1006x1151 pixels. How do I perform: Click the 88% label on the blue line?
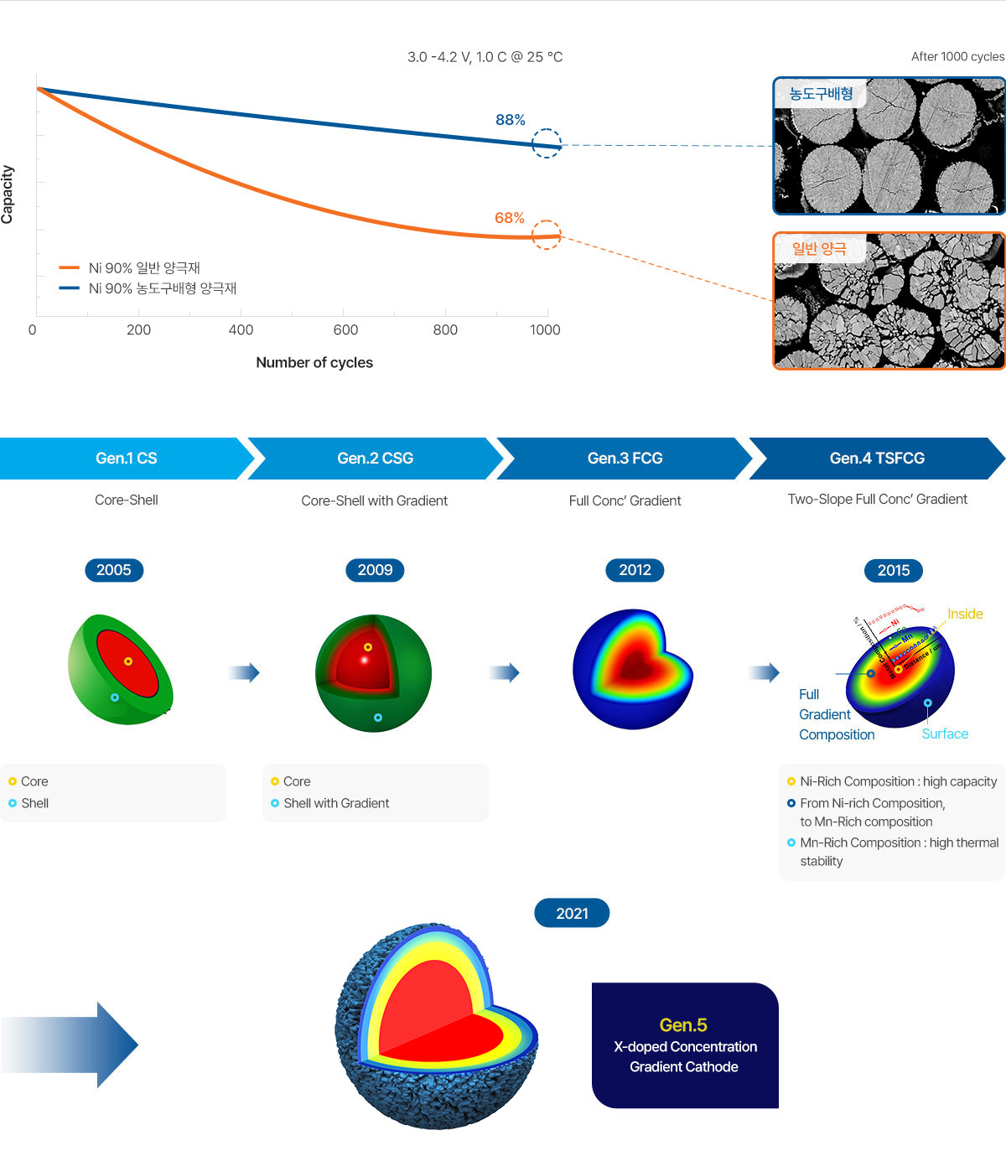coord(510,120)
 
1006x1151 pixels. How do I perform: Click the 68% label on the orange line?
coord(509,218)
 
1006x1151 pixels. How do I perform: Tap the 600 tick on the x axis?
coord(345,330)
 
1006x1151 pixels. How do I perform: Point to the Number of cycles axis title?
coord(314,362)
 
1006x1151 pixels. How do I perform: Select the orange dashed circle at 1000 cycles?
coord(547,235)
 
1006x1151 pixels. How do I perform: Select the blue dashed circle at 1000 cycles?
coord(547,143)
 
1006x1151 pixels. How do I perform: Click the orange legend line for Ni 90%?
coord(69,268)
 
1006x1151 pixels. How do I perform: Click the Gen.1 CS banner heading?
coord(126,459)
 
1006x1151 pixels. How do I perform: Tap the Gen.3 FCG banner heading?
coord(625,459)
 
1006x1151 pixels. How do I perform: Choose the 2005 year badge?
coord(114,570)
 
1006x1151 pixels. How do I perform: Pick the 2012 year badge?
coord(635,570)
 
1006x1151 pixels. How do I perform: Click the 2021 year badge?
coord(572,913)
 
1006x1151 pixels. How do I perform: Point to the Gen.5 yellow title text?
coord(683,1024)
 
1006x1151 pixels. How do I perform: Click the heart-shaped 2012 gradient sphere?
coord(633,669)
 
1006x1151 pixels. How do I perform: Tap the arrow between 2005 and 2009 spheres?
coord(244,672)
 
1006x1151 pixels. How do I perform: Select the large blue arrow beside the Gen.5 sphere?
coord(71,1045)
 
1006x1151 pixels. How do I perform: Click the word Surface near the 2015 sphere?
coord(945,734)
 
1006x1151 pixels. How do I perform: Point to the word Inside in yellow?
coord(965,614)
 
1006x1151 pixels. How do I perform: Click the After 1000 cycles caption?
coord(957,56)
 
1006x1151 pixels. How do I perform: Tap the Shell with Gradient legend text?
coord(336,803)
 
